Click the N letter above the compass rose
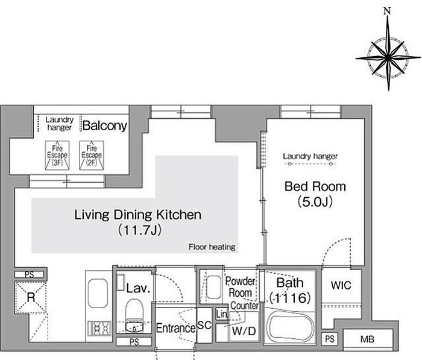[387, 11]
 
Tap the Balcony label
[105, 125]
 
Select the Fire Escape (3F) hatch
[57, 156]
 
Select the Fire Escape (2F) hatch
[92, 156]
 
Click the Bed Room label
[315, 186]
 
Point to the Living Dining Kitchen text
[138, 215]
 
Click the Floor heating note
[212, 247]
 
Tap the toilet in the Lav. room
[134, 315]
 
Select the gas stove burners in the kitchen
[101, 328]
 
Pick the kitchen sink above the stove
[98, 293]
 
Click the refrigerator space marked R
[31, 297]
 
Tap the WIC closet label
[341, 285]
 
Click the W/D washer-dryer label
[244, 331]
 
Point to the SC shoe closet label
[204, 325]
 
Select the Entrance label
[176, 328]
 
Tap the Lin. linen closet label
[222, 314]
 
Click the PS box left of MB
[330, 339]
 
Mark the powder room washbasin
[214, 287]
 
